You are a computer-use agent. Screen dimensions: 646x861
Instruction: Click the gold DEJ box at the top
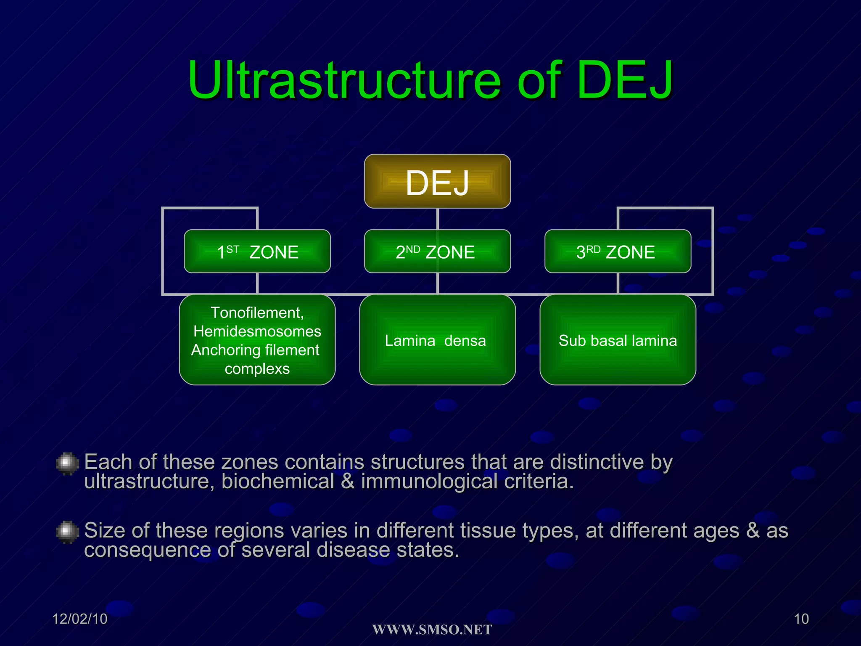tap(437, 181)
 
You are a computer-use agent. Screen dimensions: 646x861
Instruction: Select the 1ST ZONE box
tap(257, 252)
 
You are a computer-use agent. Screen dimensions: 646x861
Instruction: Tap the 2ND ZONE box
tap(437, 252)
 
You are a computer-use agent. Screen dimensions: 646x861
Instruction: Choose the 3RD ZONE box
tap(618, 252)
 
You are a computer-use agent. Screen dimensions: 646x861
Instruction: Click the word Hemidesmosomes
tap(257, 331)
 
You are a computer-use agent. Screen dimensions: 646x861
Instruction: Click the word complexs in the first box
tap(257, 369)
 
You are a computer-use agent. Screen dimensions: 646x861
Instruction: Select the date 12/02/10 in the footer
tap(80, 619)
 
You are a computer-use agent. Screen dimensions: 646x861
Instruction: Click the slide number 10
tap(801, 619)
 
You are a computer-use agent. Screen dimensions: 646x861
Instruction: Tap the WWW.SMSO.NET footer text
tap(432, 630)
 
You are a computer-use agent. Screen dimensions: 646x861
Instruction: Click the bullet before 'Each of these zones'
tap(67, 463)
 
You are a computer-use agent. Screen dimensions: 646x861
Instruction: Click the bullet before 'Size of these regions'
tap(67, 532)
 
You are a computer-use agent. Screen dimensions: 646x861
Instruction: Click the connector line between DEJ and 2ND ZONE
tap(438, 219)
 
